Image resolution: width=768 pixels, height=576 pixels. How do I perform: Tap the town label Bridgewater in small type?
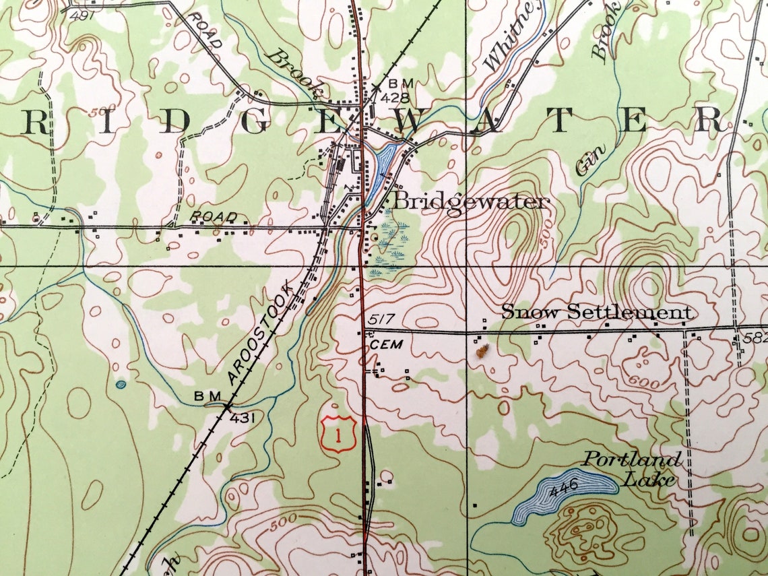point(472,201)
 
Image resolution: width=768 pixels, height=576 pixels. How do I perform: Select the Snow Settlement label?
point(597,312)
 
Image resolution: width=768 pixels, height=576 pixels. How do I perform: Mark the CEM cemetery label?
point(387,344)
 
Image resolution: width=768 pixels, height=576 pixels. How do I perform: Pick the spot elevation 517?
point(380,319)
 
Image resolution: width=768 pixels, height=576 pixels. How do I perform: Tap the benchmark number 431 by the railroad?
point(243,418)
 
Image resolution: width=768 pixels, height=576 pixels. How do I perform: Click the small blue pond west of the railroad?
point(121,385)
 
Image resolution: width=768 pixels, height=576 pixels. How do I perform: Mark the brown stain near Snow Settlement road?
point(482,350)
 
